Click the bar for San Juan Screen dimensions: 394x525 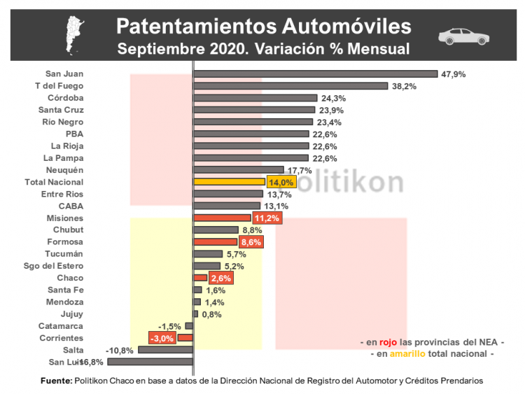[315, 73]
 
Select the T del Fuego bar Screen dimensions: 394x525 [290, 86]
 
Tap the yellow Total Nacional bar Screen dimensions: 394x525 [229, 181]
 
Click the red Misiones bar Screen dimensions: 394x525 [221, 218]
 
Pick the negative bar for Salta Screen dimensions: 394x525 [165, 349]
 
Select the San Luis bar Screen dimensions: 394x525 [150, 362]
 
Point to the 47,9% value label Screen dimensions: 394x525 [454, 73]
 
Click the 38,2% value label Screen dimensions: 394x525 [405, 86]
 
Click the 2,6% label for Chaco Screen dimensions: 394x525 [220, 278]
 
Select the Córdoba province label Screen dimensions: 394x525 [66, 97]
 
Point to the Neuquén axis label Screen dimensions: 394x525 [64, 170]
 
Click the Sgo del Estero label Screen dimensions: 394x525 [55, 266]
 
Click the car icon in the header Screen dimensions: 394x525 [463, 36]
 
